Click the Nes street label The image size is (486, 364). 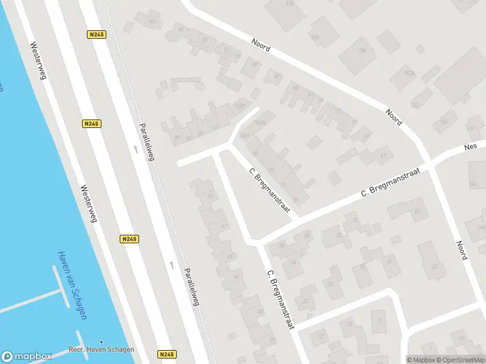click(471, 147)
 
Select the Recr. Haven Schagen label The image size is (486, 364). click(101, 349)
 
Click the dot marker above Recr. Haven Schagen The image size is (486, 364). click(101, 342)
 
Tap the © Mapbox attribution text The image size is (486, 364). click(420, 360)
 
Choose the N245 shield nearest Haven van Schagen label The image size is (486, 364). click(129, 239)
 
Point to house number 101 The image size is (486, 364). click(151, 22)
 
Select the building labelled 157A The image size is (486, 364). click(409, 74)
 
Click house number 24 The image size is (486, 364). click(293, 263)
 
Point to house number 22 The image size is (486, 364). click(306, 301)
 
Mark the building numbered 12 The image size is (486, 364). click(348, 325)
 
